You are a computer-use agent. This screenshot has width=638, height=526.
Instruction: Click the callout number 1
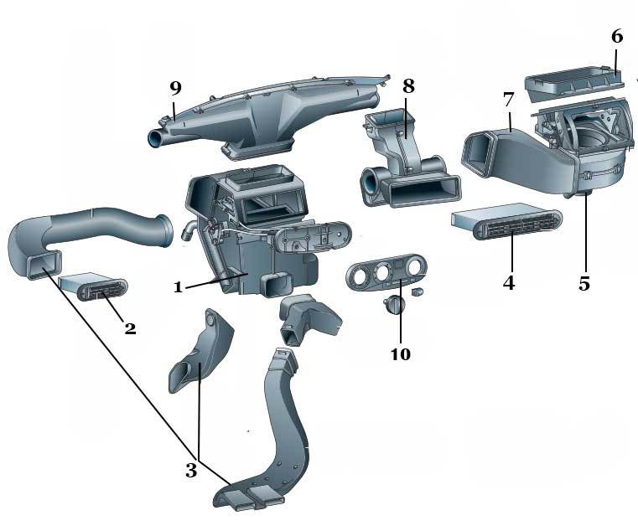click(x=178, y=287)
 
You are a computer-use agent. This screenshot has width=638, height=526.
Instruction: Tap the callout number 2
click(x=130, y=328)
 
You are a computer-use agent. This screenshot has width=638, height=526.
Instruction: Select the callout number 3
click(x=191, y=470)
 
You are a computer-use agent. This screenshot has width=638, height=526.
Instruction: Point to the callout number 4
click(x=508, y=282)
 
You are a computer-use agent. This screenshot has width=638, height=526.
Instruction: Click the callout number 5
click(x=584, y=283)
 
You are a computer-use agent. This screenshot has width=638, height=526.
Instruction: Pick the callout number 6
click(x=616, y=36)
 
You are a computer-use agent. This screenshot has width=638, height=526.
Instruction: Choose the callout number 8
click(x=408, y=86)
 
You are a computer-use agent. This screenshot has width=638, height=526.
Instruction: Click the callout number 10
click(x=400, y=353)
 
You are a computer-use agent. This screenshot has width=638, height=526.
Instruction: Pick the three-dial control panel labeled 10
click(x=385, y=276)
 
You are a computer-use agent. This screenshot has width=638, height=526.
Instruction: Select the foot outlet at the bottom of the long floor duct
click(x=249, y=500)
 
